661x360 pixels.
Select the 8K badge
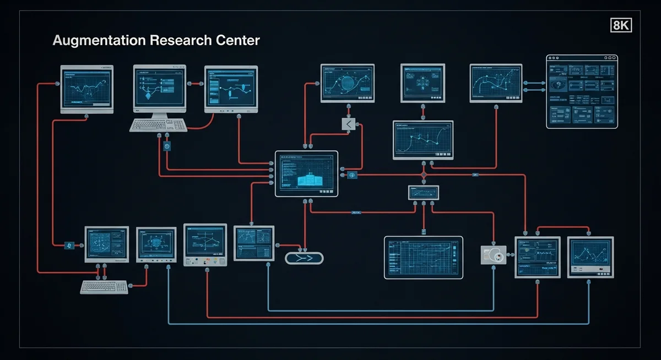621,25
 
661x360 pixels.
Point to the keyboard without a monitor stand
105,287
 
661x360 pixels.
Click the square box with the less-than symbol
349,124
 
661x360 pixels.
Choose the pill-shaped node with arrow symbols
304,258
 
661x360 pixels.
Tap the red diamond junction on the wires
424,175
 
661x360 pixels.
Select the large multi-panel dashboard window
581,91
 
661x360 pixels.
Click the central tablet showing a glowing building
306,173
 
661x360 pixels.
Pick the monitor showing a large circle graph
347,83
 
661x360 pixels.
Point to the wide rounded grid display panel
423,258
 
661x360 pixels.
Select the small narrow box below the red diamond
423,192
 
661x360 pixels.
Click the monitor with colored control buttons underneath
205,245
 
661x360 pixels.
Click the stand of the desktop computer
160,113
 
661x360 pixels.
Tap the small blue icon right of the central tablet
353,175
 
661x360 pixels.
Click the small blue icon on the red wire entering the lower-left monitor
69,245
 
